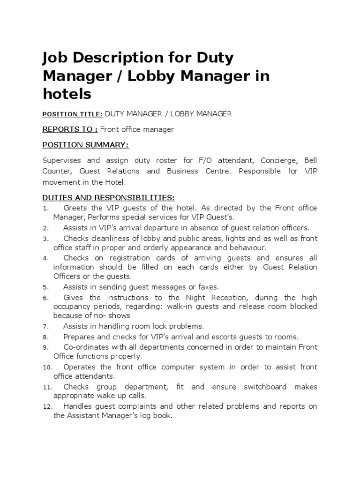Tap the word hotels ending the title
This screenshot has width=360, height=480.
67,94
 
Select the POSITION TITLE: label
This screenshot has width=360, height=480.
72,114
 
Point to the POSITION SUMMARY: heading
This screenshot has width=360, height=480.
85,144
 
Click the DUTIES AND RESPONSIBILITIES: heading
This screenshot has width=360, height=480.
108,198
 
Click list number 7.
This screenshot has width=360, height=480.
45,327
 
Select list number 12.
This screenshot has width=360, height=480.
47,407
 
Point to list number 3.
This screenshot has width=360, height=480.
45,239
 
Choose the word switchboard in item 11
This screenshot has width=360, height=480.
266,387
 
